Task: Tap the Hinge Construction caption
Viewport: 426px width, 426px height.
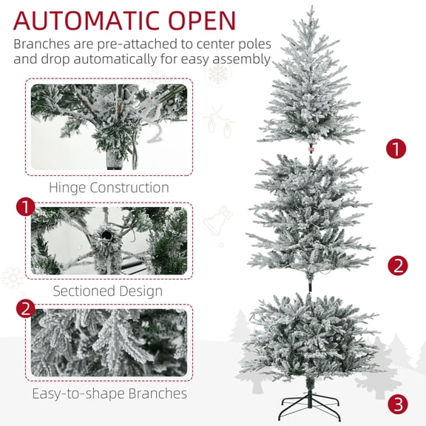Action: (x=109, y=188)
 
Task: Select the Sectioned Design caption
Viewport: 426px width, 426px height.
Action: (x=107, y=291)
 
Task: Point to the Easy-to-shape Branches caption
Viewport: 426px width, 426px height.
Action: (x=109, y=393)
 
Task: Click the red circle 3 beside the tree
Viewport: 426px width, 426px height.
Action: (x=398, y=404)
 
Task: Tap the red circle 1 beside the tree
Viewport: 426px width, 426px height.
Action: (x=396, y=149)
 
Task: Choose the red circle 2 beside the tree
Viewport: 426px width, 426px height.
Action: (x=398, y=265)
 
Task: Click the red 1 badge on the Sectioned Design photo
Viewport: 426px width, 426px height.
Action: (x=27, y=206)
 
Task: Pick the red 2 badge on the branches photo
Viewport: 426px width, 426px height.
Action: (x=27, y=307)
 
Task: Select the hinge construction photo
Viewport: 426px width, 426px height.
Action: (x=109, y=127)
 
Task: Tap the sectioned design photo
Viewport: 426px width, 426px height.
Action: (x=109, y=240)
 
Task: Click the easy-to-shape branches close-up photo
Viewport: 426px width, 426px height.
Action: (x=109, y=342)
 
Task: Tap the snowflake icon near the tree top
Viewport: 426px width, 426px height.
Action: (x=218, y=74)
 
